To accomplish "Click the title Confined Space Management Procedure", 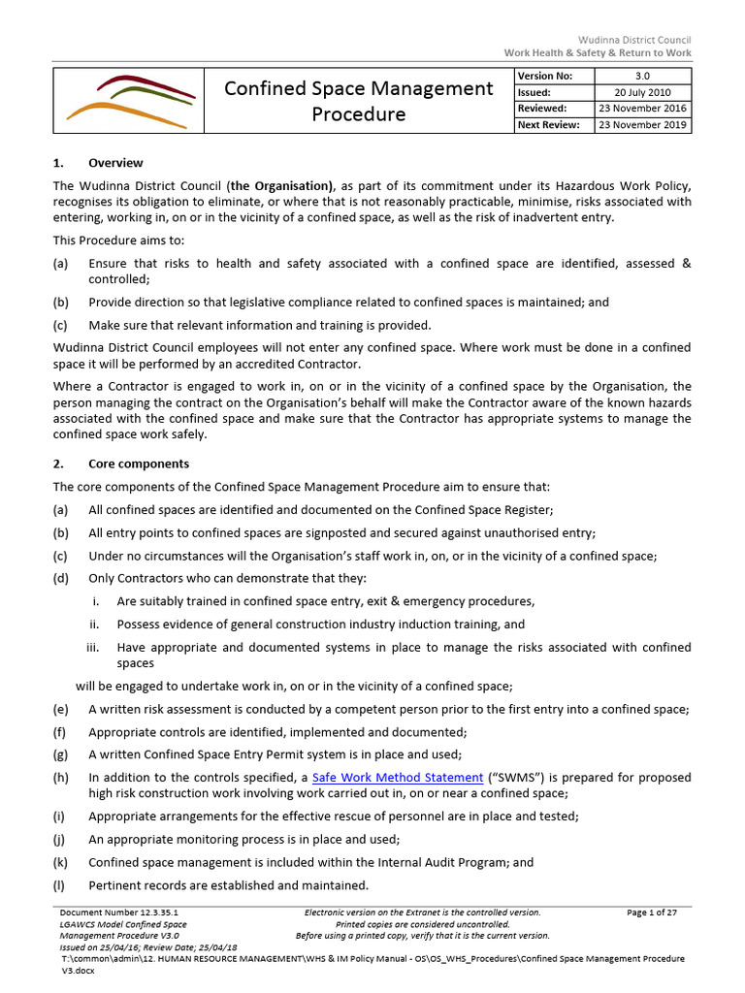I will [x=358, y=101].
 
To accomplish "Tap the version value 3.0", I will [x=642, y=76].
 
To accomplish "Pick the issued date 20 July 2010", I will [x=642, y=92].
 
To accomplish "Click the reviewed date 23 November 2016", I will [x=642, y=109].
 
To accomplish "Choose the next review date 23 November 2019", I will [x=642, y=125].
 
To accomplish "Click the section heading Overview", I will [x=115, y=163].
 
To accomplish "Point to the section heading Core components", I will [x=139, y=464].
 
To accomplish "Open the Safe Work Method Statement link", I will [x=398, y=778].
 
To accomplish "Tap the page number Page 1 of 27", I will [x=651, y=913].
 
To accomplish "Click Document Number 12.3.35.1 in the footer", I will [x=119, y=913].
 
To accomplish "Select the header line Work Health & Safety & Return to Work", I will [x=598, y=52].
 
